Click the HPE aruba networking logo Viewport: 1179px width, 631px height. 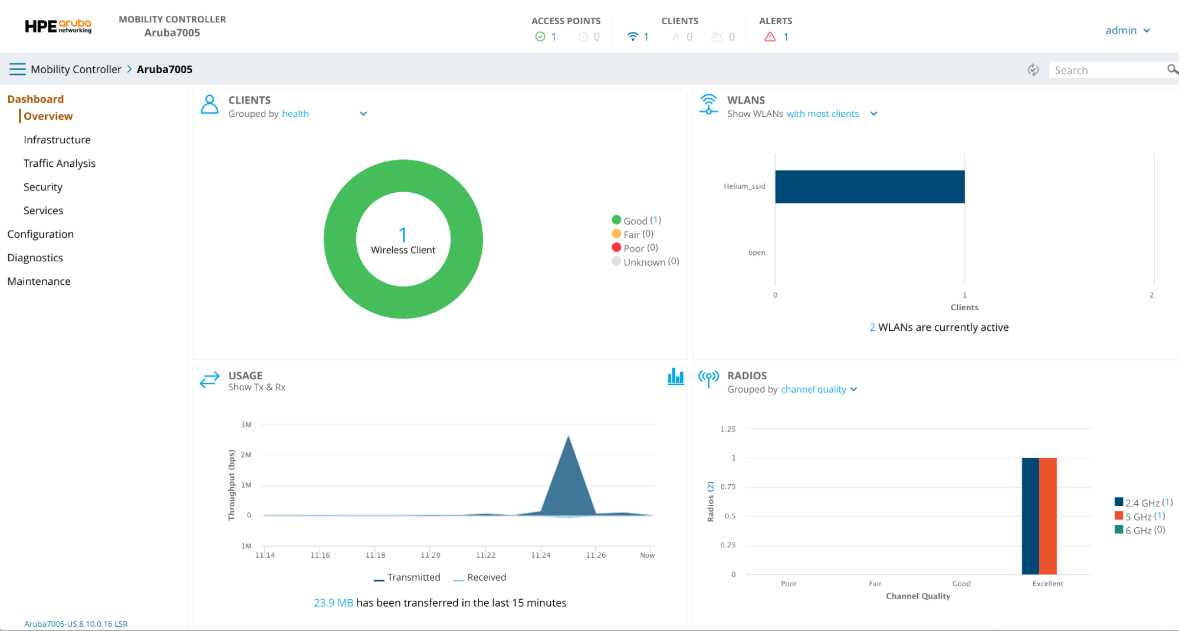click(x=58, y=27)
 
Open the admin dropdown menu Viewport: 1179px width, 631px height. click(x=1127, y=30)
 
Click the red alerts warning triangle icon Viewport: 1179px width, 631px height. click(x=770, y=37)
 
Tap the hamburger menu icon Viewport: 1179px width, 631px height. click(x=17, y=69)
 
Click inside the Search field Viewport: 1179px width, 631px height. click(x=1106, y=70)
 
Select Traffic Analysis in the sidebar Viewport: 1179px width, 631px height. click(x=59, y=163)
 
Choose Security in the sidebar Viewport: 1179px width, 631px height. click(x=42, y=187)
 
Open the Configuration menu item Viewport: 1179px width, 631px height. click(x=40, y=234)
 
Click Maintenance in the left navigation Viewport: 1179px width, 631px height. click(x=38, y=281)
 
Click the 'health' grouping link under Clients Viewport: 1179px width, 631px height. click(x=295, y=114)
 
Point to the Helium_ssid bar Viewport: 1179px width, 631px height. click(x=869, y=186)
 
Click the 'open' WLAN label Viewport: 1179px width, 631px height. click(x=756, y=252)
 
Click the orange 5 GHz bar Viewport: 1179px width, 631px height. click(x=1047, y=515)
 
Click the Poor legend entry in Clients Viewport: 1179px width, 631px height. click(x=635, y=248)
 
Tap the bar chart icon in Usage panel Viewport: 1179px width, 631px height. click(x=675, y=377)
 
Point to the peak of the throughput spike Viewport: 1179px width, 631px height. click(x=568, y=437)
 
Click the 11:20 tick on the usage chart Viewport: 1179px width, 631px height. click(x=430, y=555)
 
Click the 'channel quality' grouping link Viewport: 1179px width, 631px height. click(x=813, y=389)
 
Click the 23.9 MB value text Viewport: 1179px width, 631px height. click(x=333, y=603)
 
